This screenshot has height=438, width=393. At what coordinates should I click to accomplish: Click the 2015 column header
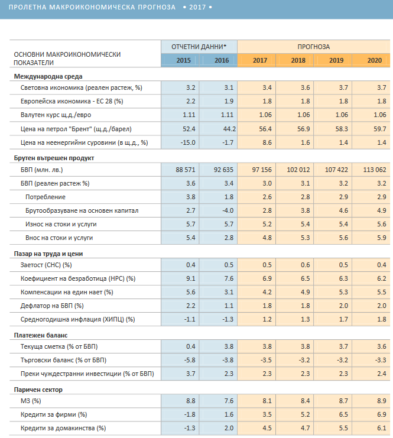click(184, 60)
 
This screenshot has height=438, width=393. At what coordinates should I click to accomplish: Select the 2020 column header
click(374, 60)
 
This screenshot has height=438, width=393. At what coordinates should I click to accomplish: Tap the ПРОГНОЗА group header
click(313, 47)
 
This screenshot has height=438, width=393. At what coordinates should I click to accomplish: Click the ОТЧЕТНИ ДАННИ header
click(199, 47)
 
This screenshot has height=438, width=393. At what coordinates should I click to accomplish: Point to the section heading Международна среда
click(48, 76)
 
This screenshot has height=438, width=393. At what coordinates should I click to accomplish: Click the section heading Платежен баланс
click(41, 335)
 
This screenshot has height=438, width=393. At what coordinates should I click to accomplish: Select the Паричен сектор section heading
click(38, 390)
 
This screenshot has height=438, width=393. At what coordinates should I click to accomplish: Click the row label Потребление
click(46, 197)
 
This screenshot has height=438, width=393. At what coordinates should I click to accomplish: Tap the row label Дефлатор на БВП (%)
click(52, 306)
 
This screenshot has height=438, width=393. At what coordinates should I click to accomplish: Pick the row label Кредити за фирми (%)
click(54, 414)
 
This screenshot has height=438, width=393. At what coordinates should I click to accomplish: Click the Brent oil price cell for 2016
click(229, 129)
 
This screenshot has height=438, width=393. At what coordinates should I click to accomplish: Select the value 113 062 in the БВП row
click(375, 170)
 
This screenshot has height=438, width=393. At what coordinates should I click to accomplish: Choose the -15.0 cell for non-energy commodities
click(188, 142)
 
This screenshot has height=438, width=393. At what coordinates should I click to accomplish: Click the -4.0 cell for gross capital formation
click(228, 210)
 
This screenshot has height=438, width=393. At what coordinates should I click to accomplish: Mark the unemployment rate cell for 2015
click(191, 278)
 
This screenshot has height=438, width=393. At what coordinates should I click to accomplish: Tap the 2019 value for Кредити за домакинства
click(343, 428)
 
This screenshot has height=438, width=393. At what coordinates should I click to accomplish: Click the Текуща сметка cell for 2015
click(191, 346)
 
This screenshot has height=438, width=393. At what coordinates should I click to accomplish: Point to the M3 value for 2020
click(382, 401)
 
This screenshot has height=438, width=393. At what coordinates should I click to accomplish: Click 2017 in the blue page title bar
click(197, 7)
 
